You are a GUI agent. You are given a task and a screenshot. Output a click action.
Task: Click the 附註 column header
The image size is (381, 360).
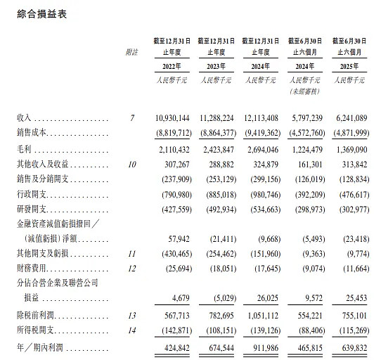coord(131,52)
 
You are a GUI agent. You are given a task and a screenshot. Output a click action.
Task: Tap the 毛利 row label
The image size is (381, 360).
coord(25,150)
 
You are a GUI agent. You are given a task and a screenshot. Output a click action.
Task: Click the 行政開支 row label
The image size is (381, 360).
coord(33,192)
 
